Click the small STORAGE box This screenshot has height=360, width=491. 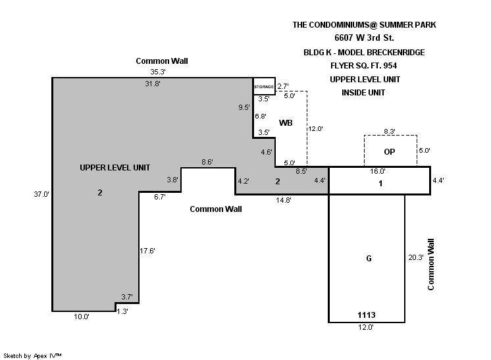(264, 86)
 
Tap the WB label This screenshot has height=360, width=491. (286, 123)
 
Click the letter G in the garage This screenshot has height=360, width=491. (369, 259)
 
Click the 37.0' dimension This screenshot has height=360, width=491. (42, 193)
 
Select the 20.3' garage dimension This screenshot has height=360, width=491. (416, 257)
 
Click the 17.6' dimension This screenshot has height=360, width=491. (148, 251)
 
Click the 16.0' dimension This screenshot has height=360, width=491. (377, 171)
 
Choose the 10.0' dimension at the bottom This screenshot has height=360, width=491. (82, 317)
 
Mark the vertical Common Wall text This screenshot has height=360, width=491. (432, 265)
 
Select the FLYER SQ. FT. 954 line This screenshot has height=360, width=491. (365, 66)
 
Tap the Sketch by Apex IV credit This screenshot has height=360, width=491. (33, 355)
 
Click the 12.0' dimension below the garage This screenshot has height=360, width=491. (366, 327)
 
